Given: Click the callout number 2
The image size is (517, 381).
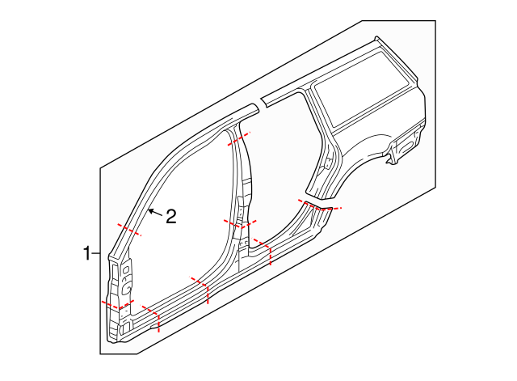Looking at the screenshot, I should [170, 216].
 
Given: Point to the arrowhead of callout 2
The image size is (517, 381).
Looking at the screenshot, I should [149, 210].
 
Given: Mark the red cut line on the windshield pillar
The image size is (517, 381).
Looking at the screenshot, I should [129, 229].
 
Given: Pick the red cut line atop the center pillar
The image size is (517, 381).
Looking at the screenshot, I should [239, 138].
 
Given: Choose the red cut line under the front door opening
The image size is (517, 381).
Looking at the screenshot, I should [201, 288].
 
